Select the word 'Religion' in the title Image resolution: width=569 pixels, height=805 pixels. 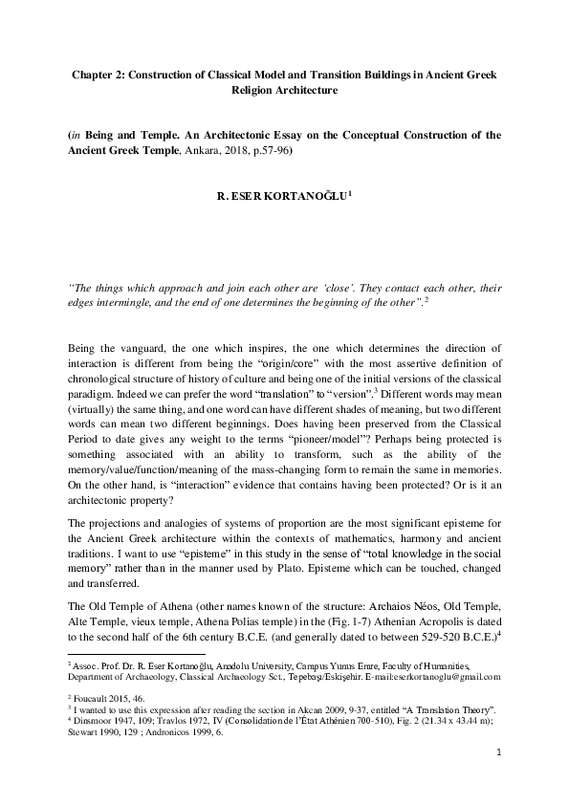[252, 91]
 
